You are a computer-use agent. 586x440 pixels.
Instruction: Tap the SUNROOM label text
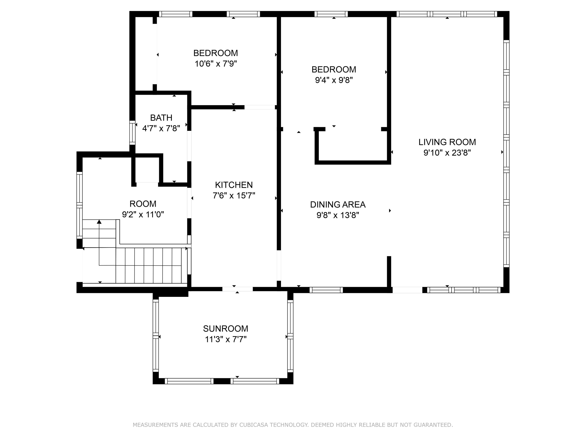(225, 329)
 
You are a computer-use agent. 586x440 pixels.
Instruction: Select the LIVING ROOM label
(447, 142)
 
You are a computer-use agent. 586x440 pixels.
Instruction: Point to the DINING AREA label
(338, 205)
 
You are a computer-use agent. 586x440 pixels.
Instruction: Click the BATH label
(161, 118)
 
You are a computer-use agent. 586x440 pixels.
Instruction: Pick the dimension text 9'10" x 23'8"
(447, 153)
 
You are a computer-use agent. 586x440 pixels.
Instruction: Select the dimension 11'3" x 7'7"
(225, 339)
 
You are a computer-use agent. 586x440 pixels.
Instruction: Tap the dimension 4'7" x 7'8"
(161, 128)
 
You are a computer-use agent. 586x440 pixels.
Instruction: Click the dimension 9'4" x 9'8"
(334, 80)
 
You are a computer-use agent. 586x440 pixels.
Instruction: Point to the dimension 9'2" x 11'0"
(143, 214)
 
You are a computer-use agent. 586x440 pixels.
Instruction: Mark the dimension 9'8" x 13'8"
(338, 215)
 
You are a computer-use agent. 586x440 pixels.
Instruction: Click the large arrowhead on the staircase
(99, 222)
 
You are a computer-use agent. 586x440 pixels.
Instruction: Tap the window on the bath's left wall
(132, 133)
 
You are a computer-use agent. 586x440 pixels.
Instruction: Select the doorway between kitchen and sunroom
(237, 289)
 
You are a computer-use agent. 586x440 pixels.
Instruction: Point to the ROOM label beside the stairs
(143, 204)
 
